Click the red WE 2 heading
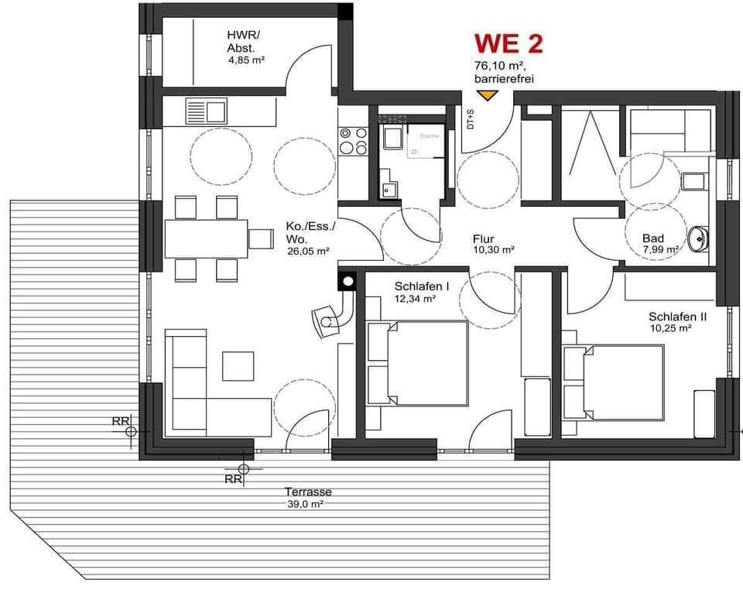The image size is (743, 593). tap(508, 43)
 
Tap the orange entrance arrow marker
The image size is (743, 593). tap(487, 95)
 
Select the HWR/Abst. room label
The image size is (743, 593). tap(242, 41)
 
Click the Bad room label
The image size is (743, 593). tap(653, 238)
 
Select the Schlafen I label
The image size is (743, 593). tap(415, 286)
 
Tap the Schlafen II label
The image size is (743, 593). tap(677, 316)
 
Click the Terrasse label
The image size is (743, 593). tap(307, 492)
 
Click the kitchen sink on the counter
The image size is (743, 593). tap(206, 111)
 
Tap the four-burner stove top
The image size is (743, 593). tap(353, 140)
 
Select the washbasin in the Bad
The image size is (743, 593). tap(699, 238)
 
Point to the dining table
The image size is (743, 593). tap(206, 238)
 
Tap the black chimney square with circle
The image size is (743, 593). tap(348, 281)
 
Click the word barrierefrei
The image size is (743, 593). tap(504, 78)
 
